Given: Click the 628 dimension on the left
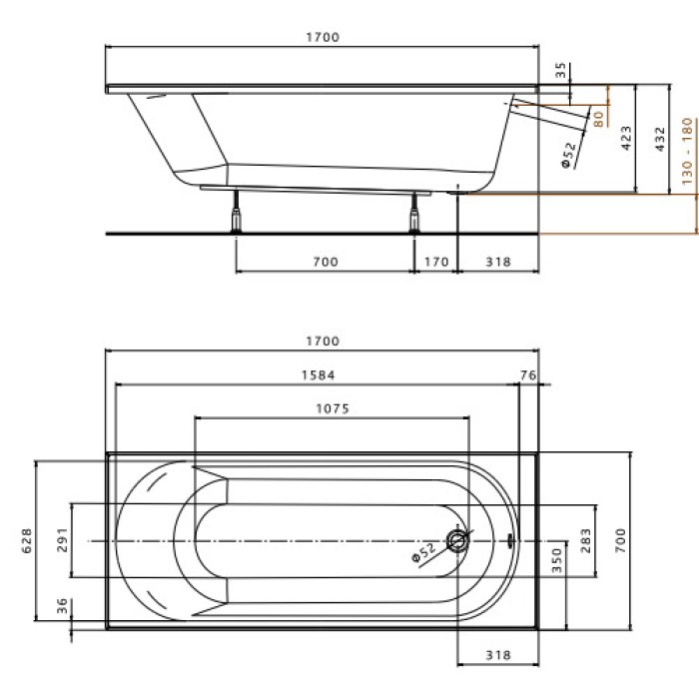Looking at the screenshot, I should tap(28, 539).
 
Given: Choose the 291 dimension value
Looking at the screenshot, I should tap(62, 539).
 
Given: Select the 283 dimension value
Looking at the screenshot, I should tap(587, 540).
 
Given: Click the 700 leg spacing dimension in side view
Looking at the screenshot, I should tap(325, 262).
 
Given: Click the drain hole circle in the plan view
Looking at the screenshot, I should tap(457, 541).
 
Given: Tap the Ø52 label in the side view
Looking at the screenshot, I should tap(568, 156).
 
